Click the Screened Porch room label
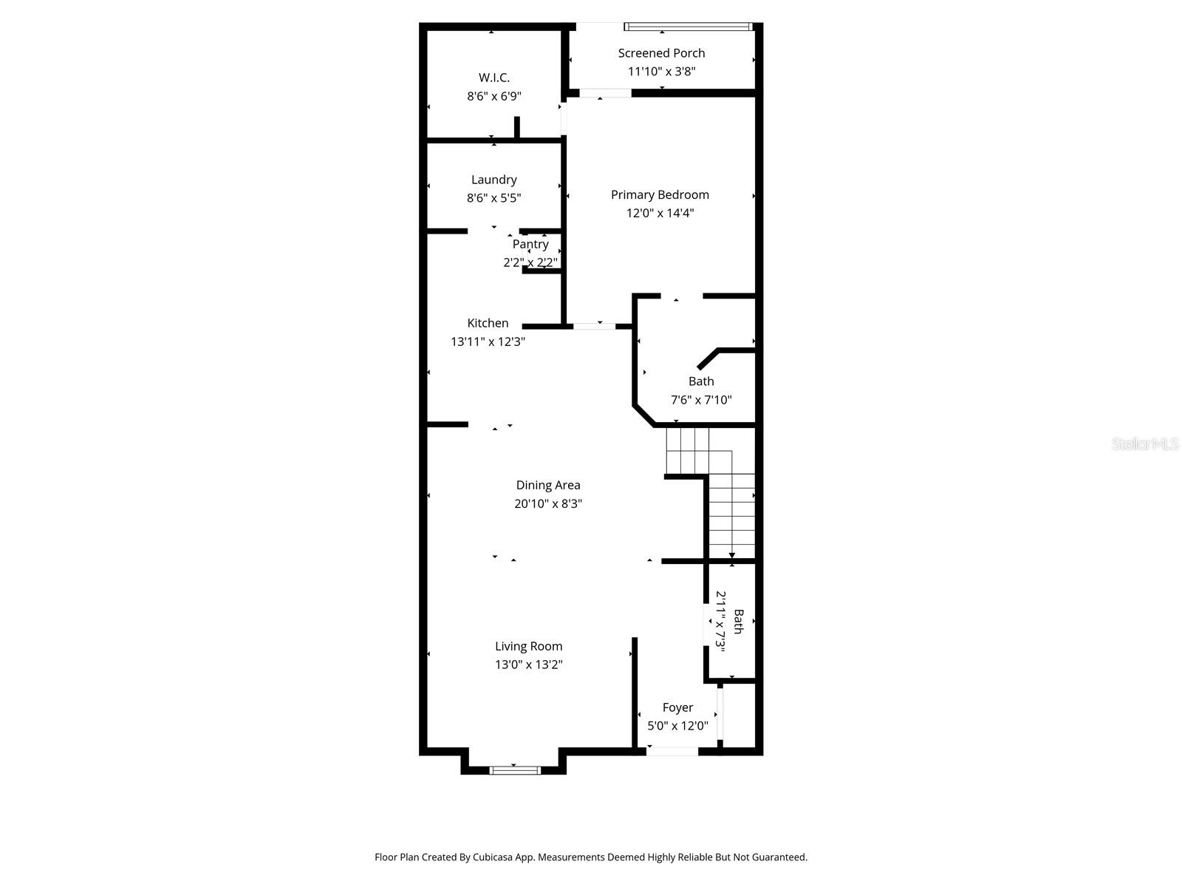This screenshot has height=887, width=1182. point(661,53)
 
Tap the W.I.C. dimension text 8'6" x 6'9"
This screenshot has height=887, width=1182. point(493,96)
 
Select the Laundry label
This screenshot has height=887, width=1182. point(493,180)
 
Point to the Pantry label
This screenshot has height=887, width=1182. point(530,244)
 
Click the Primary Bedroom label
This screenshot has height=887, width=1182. point(660,194)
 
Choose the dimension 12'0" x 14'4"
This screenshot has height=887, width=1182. point(660,213)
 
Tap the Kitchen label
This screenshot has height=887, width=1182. point(488,323)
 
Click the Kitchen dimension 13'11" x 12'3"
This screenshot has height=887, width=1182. point(488,341)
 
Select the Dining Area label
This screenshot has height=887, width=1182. point(547,485)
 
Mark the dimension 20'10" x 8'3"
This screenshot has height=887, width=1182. point(547,503)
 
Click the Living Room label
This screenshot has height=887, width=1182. point(528,646)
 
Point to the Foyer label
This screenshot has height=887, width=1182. point(677,707)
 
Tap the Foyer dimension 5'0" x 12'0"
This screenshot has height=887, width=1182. point(677,726)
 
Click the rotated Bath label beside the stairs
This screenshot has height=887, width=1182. point(738,622)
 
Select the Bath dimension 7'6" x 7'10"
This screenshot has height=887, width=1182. point(700,400)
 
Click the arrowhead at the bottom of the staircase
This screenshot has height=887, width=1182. point(732,555)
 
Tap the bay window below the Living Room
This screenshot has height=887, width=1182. point(515,770)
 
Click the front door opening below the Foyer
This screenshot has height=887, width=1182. point(672,752)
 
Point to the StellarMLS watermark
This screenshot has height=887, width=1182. point(1144,443)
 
